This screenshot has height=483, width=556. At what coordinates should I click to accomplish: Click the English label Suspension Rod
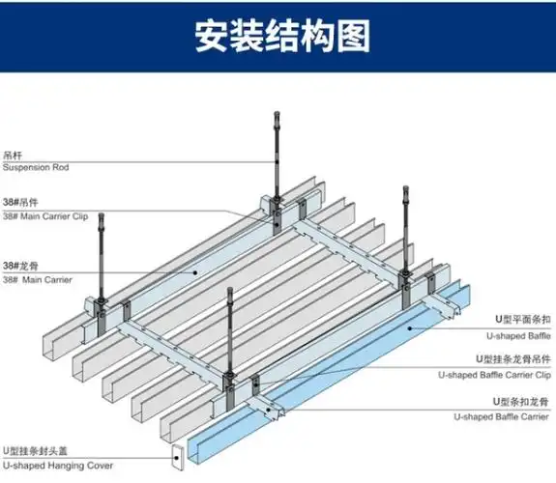click(x=36, y=167)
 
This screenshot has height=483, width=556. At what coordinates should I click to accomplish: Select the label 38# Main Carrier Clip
click(x=45, y=217)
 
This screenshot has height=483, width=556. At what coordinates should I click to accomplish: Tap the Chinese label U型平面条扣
click(x=523, y=318)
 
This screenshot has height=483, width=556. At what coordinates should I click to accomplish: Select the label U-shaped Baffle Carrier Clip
click(x=494, y=375)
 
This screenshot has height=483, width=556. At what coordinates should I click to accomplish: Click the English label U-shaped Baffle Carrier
click(x=504, y=417)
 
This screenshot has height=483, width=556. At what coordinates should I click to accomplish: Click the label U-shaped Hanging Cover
click(x=57, y=467)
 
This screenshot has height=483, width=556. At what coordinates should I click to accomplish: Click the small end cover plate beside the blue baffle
click(x=178, y=457)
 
